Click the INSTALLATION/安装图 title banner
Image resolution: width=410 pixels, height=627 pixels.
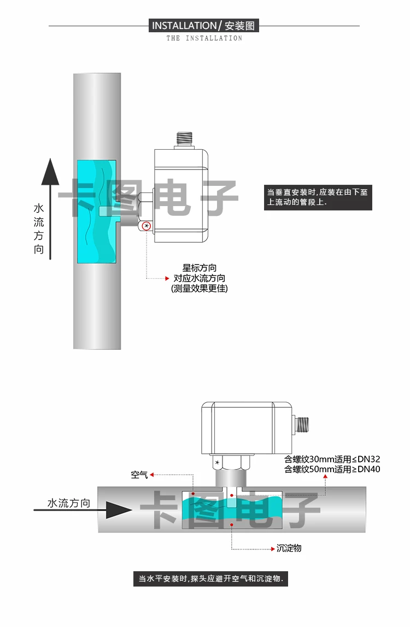pos(204,26)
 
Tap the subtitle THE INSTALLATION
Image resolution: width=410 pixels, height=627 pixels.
pos(204,38)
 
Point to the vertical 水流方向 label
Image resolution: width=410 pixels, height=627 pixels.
pos(39,229)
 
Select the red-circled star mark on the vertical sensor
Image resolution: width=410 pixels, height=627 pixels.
pos(147,226)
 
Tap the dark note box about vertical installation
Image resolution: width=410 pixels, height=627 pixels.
pos(318,197)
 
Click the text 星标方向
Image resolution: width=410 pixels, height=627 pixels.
pos(199,268)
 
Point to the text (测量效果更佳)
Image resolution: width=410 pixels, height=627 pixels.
pos(199,289)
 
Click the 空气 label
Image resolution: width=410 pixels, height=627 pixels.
pos(139,474)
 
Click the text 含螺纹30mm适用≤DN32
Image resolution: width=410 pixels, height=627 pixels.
pos(332,459)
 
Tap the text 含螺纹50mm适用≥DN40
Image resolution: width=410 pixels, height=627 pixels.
pos(332,469)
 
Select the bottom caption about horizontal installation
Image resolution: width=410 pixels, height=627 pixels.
pos(210,579)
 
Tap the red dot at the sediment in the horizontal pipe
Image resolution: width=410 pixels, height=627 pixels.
pos(232,525)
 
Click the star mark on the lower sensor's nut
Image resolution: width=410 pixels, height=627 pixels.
pos(217,464)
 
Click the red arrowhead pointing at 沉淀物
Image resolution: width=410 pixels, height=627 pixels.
pos(273,548)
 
